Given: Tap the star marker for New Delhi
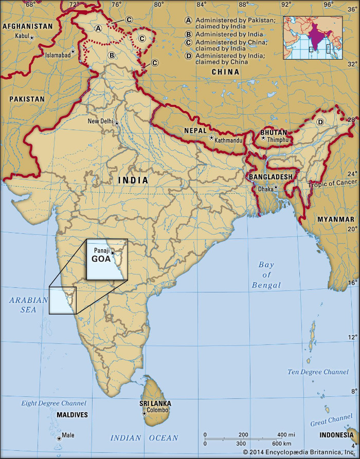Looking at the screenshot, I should pyautogui.click(x=117, y=123).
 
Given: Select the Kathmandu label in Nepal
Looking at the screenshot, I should pyautogui.click(x=228, y=139).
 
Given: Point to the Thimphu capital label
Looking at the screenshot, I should pyautogui.click(x=277, y=138).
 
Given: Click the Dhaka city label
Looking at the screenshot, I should pyautogui.click(x=265, y=189).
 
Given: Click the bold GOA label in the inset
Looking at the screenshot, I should pyautogui.click(x=101, y=259).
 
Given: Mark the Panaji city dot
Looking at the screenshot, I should pyautogui.click(x=113, y=252).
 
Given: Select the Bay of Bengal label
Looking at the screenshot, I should pyautogui.click(x=267, y=275).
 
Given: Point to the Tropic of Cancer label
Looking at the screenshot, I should pyautogui.click(x=332, y=183).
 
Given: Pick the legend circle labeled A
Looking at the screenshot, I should pyautogui.click(x=188, y=20).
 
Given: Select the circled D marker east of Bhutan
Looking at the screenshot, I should pyautogui.click(x=320, y=122).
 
